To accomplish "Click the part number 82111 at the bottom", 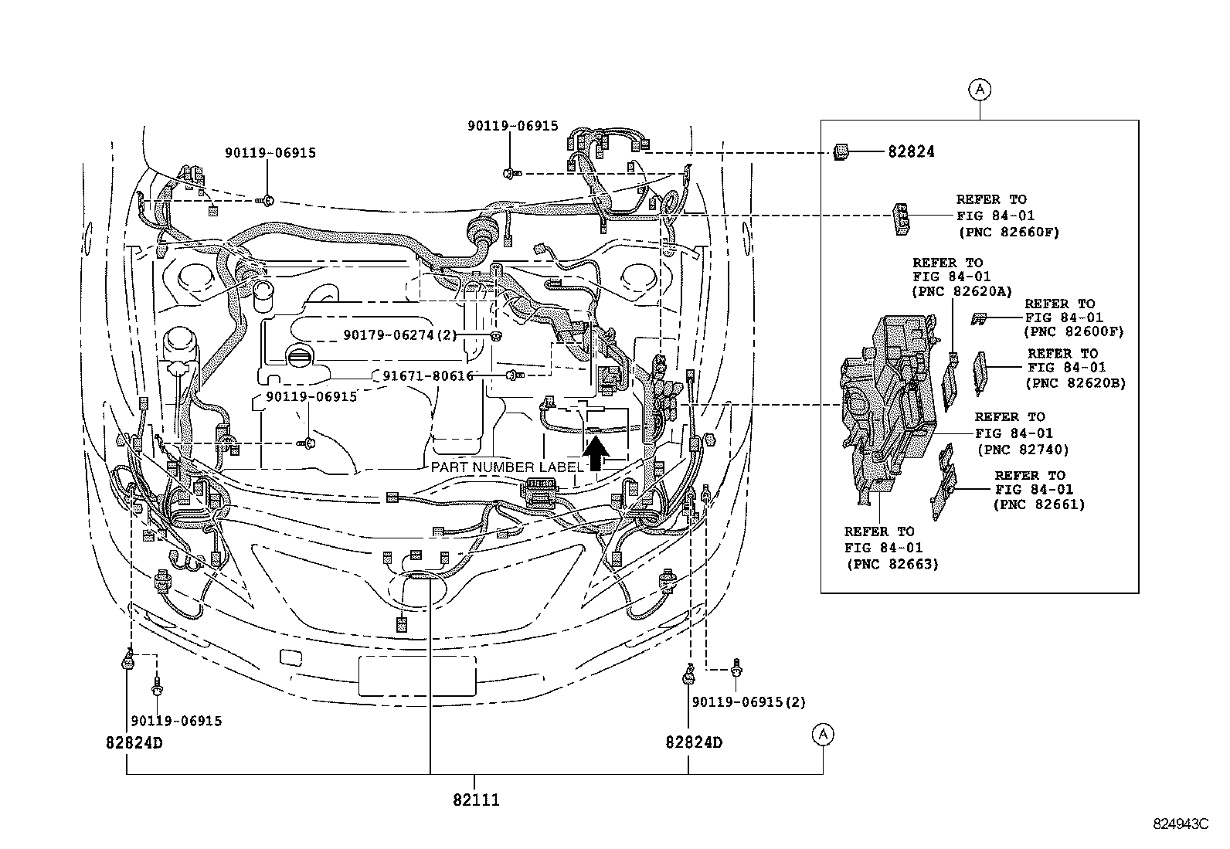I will tap(476, 800).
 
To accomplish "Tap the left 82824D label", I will tap(134, 742).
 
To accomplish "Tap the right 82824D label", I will tap(694, 742).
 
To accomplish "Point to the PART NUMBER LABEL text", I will tap(507, 467).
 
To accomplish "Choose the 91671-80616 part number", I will tap(428, 375).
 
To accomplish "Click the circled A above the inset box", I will tap(979, 90).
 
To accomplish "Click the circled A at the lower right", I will tap(824, 735).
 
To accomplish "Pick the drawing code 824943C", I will tap(1180, 824).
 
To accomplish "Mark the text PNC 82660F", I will tap(1008, 232).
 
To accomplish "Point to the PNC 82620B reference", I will tap(1075, 382).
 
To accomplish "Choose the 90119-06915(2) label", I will tap(749, 702).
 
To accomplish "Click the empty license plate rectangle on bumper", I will tap(417, 675).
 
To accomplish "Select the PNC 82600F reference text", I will tap(1073, 331).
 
